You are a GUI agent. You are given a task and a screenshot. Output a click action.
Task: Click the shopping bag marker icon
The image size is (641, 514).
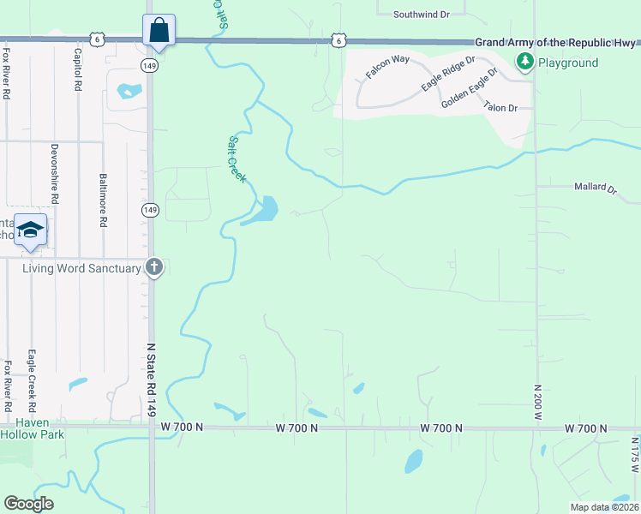click(159, 30)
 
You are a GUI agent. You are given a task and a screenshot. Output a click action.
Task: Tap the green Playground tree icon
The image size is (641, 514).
click(523, 62)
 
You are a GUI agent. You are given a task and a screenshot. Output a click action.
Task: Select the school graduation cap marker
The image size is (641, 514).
click(30, 230)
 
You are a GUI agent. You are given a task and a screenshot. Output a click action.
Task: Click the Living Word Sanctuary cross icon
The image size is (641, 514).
click(154, 268)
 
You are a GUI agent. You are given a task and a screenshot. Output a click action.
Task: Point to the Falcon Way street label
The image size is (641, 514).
click(388, 66)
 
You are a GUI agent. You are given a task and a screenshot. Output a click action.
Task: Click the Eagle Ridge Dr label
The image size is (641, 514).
click(447, 75)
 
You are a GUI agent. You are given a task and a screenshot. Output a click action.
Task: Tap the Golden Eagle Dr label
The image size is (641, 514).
click(470, 88)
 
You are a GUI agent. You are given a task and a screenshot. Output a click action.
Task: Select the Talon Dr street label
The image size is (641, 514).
click(500, 107)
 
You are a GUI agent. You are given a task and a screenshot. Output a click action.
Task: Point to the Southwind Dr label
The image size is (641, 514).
click(422, 15)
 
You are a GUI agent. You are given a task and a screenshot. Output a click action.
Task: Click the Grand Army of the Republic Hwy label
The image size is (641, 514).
click(556, 43)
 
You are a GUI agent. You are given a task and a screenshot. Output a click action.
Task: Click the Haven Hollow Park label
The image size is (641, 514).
click(33, 427)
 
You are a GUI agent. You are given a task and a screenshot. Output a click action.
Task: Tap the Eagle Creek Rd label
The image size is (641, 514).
click(31, 377)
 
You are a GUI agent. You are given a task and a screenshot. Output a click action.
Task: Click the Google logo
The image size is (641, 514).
click(29, 503)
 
